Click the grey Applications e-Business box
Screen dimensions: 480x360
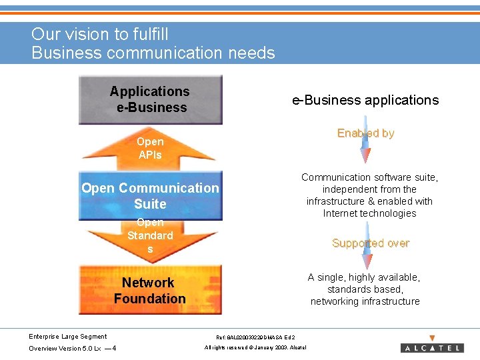(x=150, y=99)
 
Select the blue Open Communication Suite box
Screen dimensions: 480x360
(x=150, y=196)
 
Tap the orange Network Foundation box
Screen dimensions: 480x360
(x=150, y=291)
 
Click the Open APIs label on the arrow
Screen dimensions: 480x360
(x=150, y=148)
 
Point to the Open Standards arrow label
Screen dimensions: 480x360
(x=150, y=235)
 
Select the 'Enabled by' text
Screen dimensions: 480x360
(x=365, y=133)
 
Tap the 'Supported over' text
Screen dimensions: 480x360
(x=371, y=243)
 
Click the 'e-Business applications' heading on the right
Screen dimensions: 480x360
(x=365, y=100)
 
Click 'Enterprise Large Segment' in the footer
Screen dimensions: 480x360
(x=68, y=336)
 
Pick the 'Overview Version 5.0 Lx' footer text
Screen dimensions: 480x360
(x=65, y=349)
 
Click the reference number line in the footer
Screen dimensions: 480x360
(x=256, y=338)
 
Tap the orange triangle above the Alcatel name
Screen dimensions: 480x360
(x=432, y=338)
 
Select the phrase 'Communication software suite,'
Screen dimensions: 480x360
(x=369, y=177)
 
